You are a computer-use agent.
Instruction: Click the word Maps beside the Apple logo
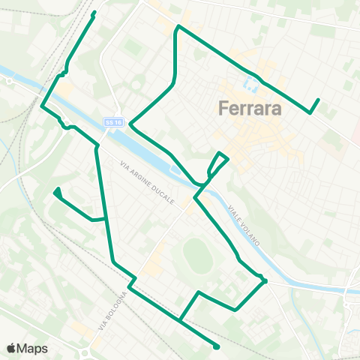click(33, 348)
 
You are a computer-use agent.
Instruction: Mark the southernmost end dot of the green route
click(216, 346)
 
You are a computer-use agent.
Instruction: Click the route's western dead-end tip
click(57, 191)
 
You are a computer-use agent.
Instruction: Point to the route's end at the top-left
click(94, 13)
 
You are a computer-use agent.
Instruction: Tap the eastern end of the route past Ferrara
click(318, 100)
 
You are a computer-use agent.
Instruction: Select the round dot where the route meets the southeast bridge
click(264, 281)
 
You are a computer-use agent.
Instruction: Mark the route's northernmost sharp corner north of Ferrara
click(178, 28)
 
